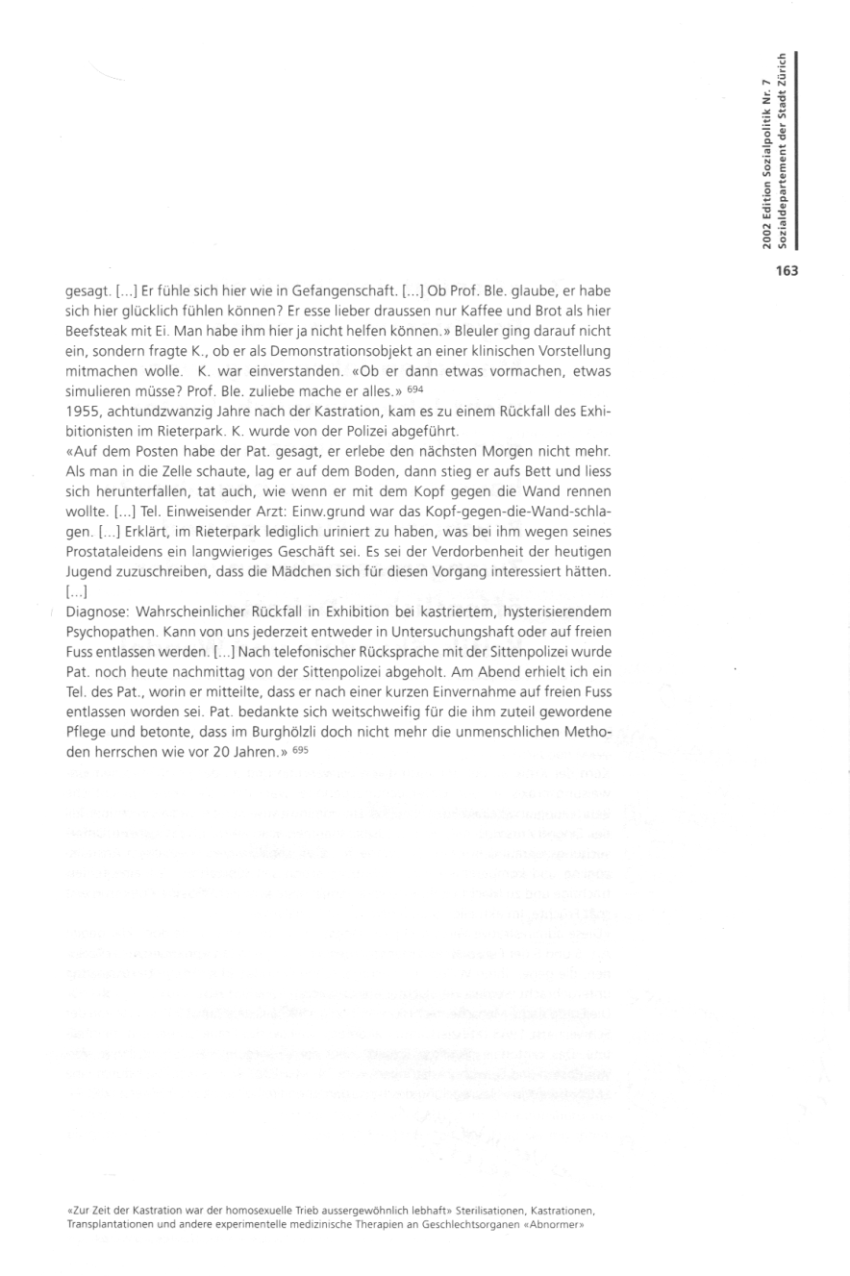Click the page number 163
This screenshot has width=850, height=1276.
coord(787,270)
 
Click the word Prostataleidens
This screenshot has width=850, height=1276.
coord(115,551)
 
